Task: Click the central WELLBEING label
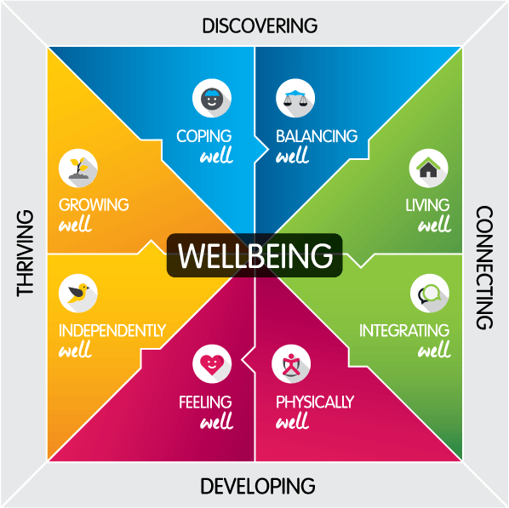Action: tap(254, 255)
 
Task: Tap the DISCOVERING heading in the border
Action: tap(260, 26)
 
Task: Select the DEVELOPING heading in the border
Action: tap(258, 486)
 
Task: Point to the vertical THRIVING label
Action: tap(25, 254)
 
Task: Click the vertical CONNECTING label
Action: tap(484, 267)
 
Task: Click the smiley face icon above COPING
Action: tap(212, 98)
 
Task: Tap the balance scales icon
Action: tap(295, 98)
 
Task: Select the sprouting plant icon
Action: tap(78, 168)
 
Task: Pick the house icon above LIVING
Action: tap(428, 168)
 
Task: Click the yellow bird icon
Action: tap(78, 294)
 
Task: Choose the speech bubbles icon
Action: tap(430, 294)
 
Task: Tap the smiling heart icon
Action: tap(212, 364)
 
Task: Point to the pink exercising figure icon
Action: tap(291, 364)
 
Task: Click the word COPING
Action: tap(204, 136)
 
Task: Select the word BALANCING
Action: tap(317, 136)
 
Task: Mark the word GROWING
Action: tap(94, 205)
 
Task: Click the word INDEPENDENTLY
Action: tap(112, 330)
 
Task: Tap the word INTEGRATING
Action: tap(404, 330)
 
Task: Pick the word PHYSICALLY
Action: tap(315, 402)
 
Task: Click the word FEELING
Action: tap(205, 402)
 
